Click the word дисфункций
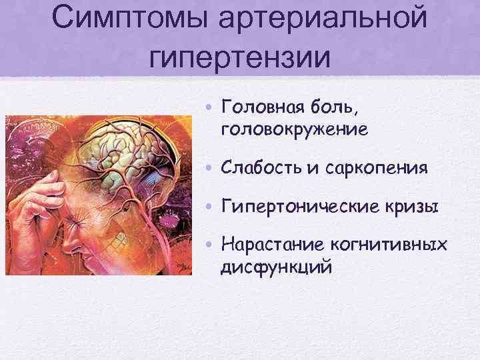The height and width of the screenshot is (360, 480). [x=276, y=268]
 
